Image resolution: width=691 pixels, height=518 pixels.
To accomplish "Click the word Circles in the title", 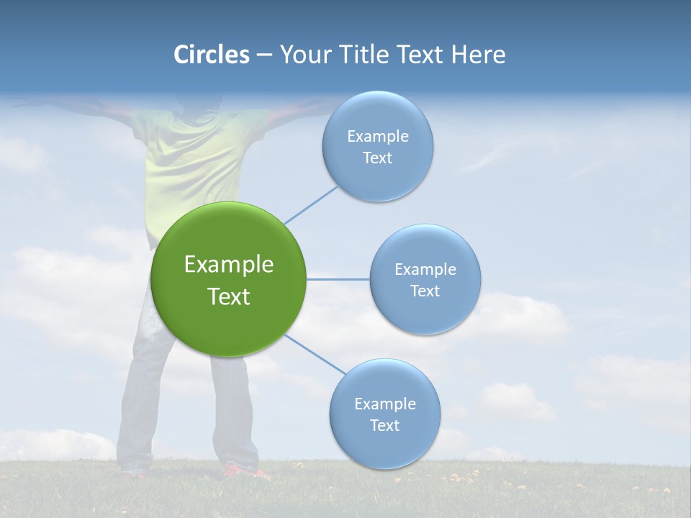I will [x=211, y=55].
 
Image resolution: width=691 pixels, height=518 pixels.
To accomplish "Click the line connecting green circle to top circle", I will [x=311, y=204].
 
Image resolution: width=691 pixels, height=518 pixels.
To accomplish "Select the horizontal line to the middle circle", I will [x=338, y=279].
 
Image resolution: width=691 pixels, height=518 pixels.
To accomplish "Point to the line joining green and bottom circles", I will [x=315, y=353].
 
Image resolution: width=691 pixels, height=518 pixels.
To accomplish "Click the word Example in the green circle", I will [x=228, y=265].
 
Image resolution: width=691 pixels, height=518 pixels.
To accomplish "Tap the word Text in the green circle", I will [x=228, y=296].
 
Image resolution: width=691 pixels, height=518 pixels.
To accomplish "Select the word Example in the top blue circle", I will [x=377, y=137].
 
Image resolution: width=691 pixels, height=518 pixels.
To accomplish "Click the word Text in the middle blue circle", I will [x=425, y=291].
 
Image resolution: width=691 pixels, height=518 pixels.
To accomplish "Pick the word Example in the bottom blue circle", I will [x=384, y=404].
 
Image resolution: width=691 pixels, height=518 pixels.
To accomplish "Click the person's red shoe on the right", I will [x=245, y=473].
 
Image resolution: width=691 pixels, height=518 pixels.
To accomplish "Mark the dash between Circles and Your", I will [x=264, y=55].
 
